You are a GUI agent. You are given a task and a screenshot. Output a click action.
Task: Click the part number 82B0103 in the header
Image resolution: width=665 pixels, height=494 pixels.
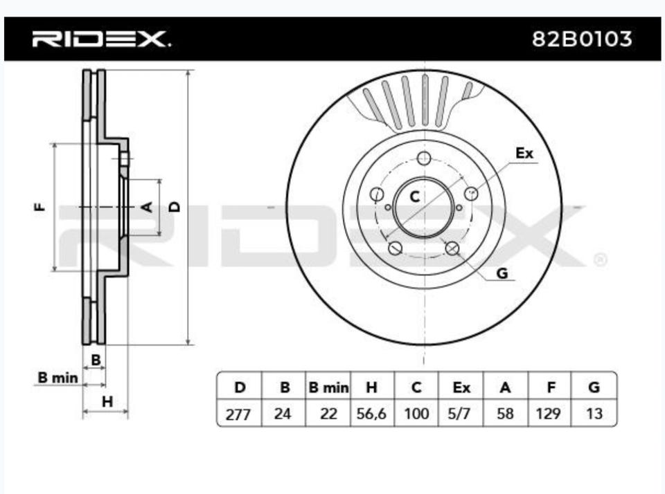(x=581, y=39)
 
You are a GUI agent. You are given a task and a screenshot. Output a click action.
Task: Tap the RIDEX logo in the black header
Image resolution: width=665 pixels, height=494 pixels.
(x=101, y=39)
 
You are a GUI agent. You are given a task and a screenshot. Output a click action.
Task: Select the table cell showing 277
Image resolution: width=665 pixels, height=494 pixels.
(x=239, y=414)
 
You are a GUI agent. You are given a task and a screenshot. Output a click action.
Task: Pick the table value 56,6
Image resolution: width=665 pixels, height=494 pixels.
(x=371, y=414)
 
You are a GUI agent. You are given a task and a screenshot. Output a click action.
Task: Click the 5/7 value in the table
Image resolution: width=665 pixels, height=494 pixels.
(x=459, y=414)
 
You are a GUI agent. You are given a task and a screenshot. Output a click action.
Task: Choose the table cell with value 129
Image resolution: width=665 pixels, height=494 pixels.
(x=549, y=414)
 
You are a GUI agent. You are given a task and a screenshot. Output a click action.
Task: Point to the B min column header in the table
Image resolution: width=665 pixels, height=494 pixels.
(x=328, y=387)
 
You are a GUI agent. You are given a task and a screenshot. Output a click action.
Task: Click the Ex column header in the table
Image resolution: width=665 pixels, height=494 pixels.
(x=461, y=387)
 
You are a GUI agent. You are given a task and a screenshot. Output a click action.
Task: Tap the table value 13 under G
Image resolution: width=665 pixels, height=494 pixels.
(x=594, y=414)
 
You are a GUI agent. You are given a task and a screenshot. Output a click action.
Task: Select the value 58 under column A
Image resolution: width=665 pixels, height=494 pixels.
(x=505, y=414)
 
